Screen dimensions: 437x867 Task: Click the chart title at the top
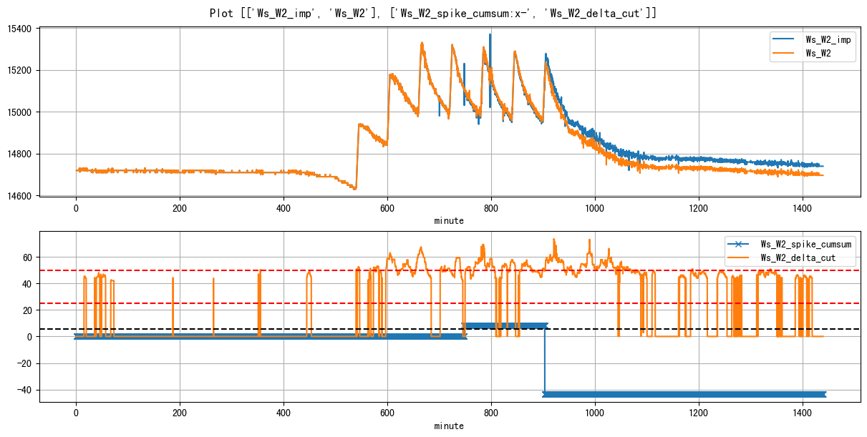coord(433,13)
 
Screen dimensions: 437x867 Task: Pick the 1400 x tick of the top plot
coord(803,208)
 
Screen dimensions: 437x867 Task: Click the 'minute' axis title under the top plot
coord(449,221)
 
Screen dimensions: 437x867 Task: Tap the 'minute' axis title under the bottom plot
coord(449,426)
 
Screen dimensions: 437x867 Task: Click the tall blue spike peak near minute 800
coord(490,35)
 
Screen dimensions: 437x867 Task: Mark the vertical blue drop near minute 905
coord(545,361)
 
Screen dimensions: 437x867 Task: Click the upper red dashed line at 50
coord(215,270)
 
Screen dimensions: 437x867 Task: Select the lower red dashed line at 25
coord(215,303)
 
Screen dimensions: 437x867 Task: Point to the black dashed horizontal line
coord(215,329)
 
